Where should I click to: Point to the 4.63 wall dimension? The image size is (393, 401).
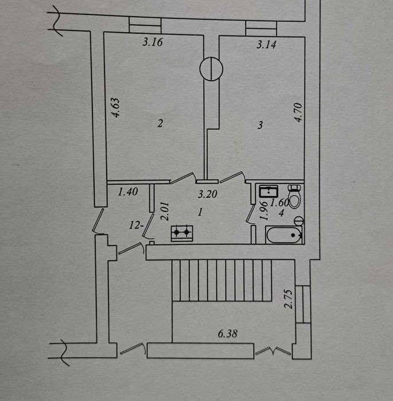click(115, 108)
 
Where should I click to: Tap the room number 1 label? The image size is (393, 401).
click(199, 212)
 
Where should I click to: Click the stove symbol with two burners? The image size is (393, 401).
click(182, 232)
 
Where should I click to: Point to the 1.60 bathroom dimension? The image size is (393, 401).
click(279, 202)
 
